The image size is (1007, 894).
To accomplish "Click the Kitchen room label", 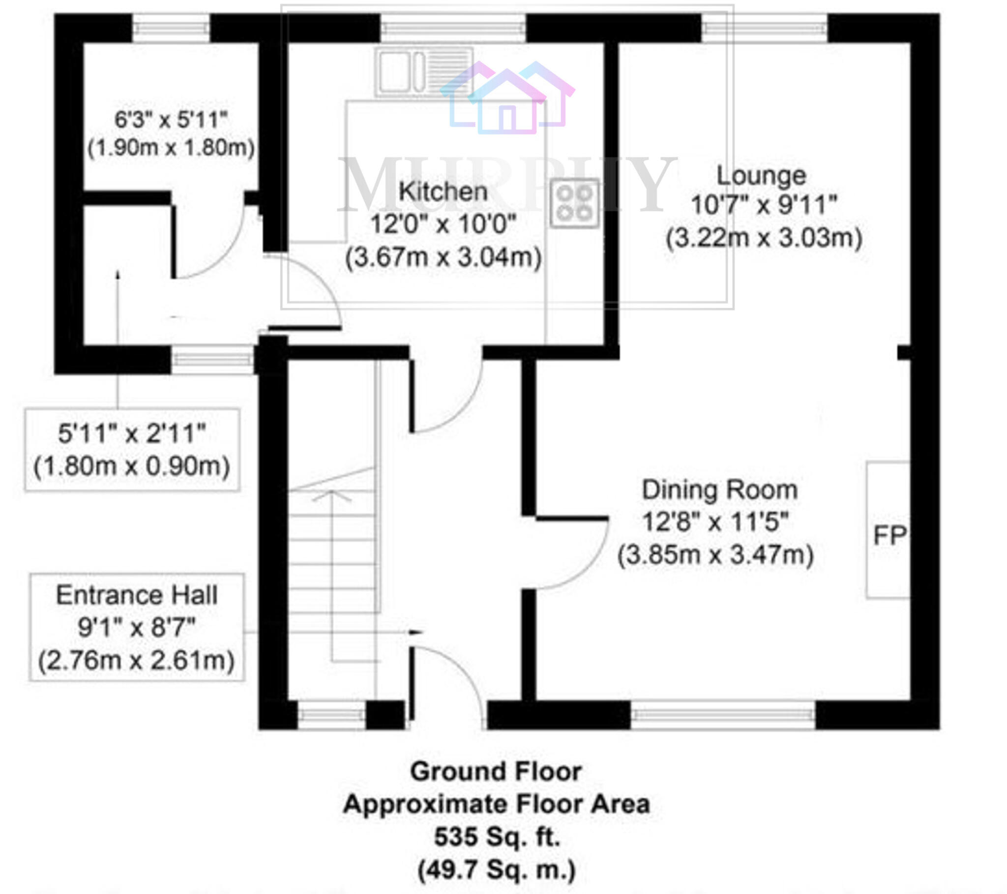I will click(x=443, y=192).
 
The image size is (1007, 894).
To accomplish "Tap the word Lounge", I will click(x=761, y=176).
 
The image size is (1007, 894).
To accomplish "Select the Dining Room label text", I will click(x=720, y=490).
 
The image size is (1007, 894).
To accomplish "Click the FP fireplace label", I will click(x=889, y=535).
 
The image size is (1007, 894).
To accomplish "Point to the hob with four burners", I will click(x=574, y=203).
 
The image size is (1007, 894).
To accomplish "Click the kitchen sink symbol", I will click(x=424, y=72).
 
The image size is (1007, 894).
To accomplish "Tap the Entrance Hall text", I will click(x=137, y=595).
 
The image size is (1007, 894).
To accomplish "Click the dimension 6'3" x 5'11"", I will click(x=171, y=119).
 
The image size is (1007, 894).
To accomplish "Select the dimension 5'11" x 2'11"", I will click(x=132, y=434).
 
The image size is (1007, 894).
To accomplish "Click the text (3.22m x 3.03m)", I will click(x=764, y=238).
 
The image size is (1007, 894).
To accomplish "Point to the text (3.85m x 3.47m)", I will click(x=715, y=555).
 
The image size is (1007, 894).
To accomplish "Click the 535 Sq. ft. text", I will click(x=497, y=837).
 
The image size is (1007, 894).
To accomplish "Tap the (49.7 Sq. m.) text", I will click(x=497, y=869).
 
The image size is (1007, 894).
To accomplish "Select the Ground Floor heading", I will click(x=497, y=771).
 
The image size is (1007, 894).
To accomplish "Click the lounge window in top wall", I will click(x=764, y=28).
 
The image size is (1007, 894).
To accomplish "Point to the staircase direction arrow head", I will click(x=331, y=495).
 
